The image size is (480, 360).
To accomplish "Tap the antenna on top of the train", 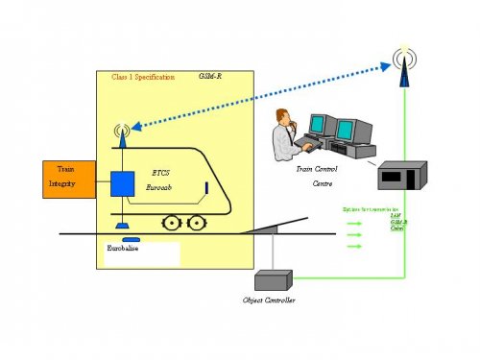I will [x=122, y=132].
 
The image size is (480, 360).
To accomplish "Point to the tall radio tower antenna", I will [x=404, y=60].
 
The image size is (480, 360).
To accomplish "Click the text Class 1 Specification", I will [x=143, y=77].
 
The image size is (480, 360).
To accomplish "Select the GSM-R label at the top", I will [x=210, y=76].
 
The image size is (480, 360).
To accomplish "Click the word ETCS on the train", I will [x=160, y=174].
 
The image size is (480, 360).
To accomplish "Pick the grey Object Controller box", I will [x=272, y=279].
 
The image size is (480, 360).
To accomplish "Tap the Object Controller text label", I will [x=272, y=300].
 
